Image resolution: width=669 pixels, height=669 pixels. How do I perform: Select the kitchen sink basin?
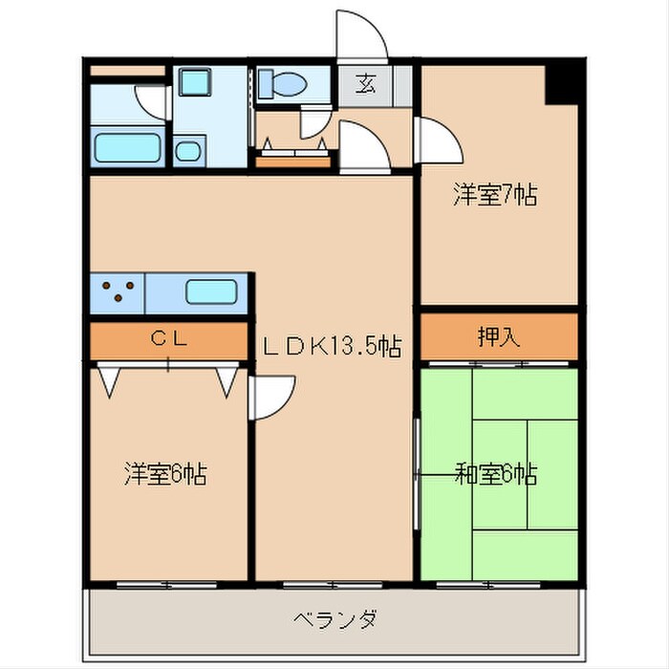[x=212, y=292]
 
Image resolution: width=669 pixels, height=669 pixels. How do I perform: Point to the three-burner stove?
[x=117, y=291]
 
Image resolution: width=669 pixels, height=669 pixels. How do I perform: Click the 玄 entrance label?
[x=366, y=83]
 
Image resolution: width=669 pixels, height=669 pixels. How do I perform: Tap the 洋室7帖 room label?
[x=494, y=196]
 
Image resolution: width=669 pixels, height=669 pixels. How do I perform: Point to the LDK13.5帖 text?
[x=331, y=348]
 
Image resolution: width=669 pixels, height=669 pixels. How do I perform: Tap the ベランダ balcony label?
[x=334, y=618]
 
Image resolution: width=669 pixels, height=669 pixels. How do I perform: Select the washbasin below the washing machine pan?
[x=189, y=150]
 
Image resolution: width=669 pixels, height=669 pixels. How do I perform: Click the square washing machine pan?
[x=200, y=84]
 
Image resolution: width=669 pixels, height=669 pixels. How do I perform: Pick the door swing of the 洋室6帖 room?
[x=271, y=395]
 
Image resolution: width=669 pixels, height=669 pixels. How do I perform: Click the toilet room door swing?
[x=314, y=125]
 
